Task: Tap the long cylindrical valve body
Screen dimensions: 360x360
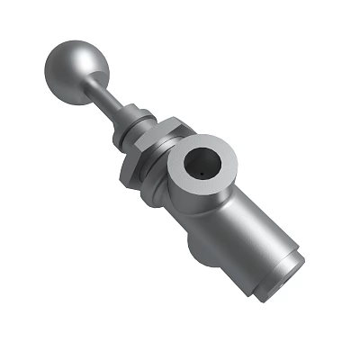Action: tap(243, 234)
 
